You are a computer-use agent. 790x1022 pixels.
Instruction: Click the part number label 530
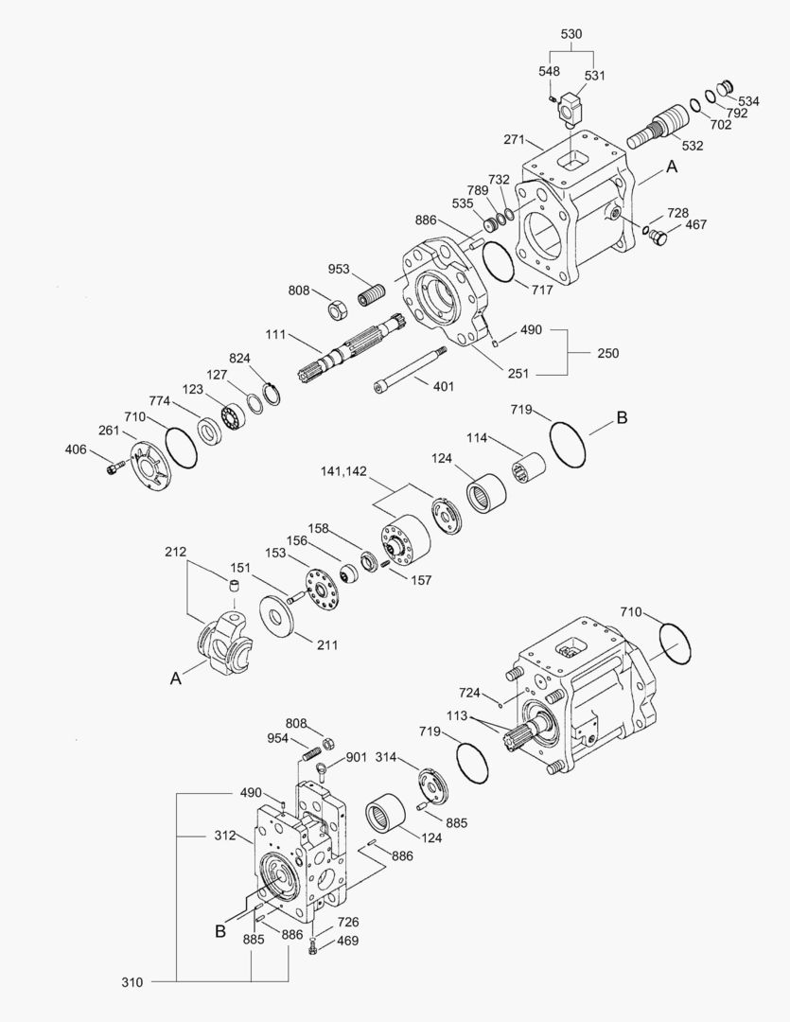click(x=571, y=34)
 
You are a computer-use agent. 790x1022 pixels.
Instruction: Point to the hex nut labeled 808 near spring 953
click(x=334, y=308)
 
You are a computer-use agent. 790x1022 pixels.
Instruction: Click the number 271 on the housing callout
click(x=514, y=140)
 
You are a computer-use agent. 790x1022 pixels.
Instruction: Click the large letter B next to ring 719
click(x=622, y=417)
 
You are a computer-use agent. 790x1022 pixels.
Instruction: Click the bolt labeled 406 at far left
click(x=114, y=466)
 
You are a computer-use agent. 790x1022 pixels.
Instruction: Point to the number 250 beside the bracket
click(x=607, y=353)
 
